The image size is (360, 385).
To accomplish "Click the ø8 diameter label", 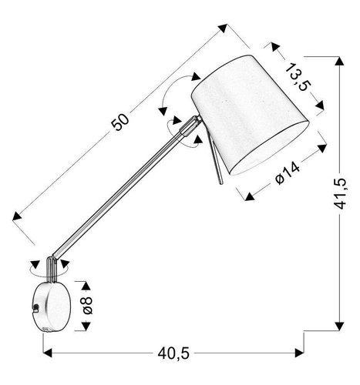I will click(x=87, y=306).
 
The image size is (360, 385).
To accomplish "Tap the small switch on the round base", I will click(x=35, y=307).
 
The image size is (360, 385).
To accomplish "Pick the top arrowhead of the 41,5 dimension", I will click(x=339, y=62).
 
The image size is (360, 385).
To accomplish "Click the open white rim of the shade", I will click(x=269, y=154).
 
